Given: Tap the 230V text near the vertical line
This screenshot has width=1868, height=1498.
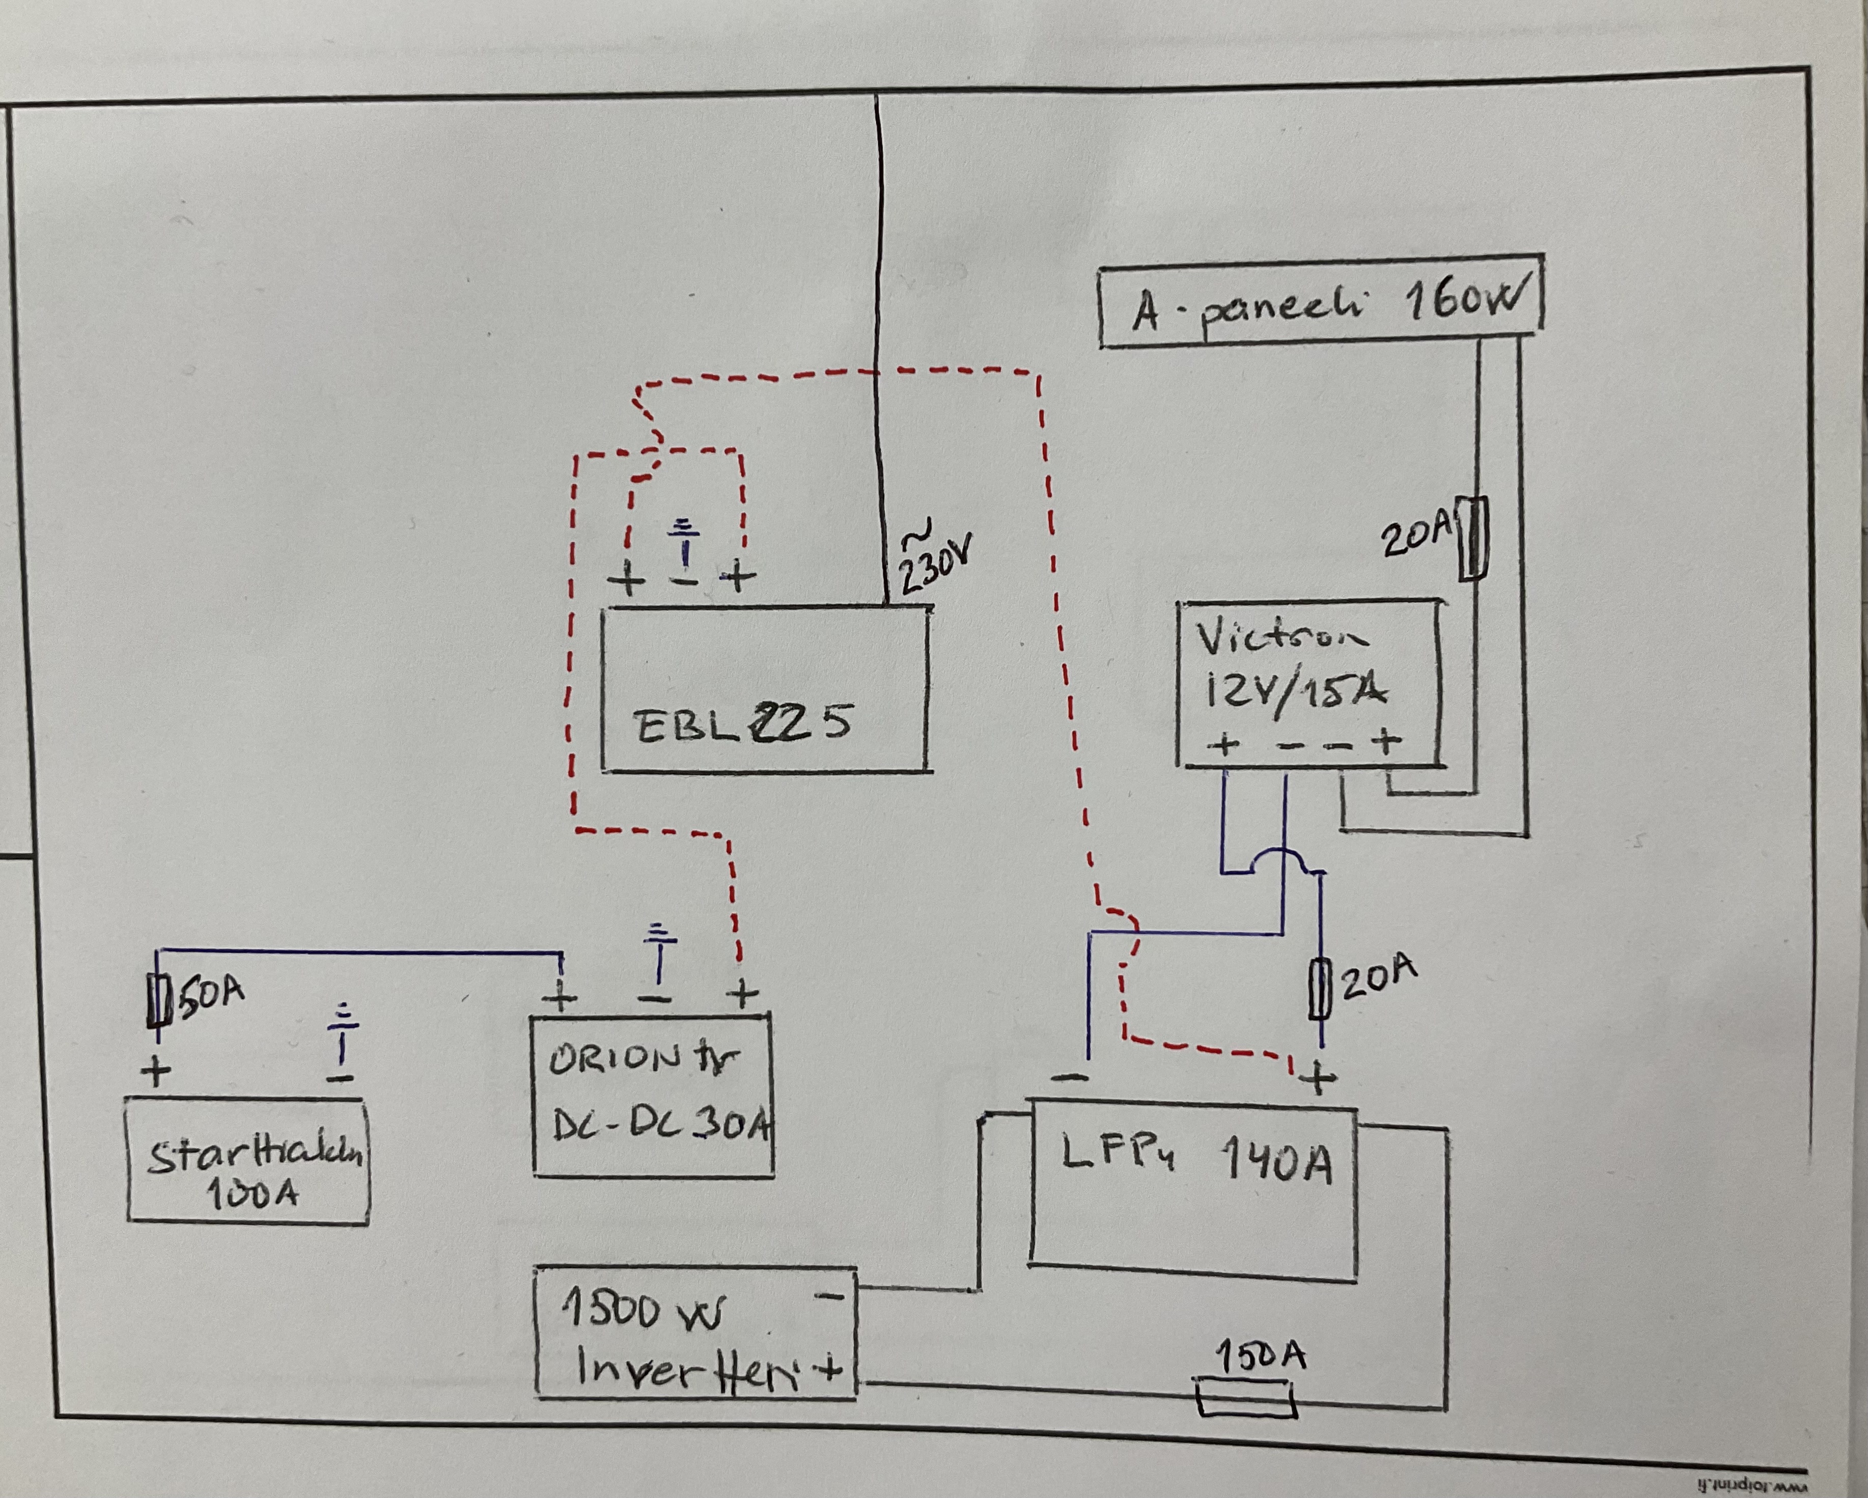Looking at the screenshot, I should [934, 563].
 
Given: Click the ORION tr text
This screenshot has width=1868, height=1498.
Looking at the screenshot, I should [643, 1059].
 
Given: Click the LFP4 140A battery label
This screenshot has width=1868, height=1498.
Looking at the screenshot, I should [1195, 1159].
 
